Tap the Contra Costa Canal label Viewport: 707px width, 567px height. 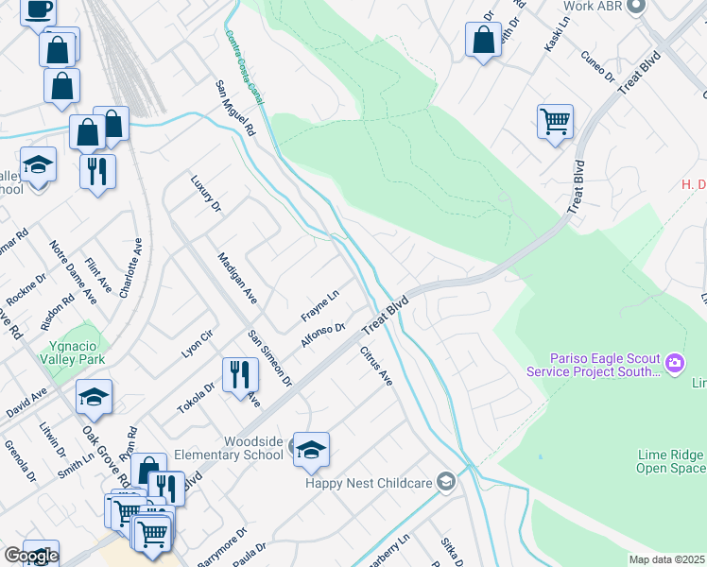[x=244, y=67]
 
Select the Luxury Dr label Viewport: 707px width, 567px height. [x=204, y=193]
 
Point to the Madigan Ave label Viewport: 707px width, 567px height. [x=237, y=278]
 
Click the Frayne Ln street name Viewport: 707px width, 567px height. [x=319, y=305]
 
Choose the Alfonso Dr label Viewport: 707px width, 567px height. [x=319, y=335]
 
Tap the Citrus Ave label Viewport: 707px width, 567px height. [x=375, y=365]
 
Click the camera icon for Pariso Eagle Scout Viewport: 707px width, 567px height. [x=675, y=363]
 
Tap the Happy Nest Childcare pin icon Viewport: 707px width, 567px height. [x=446, y=482]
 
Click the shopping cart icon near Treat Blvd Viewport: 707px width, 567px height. [x=555, y=121]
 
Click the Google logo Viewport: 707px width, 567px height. [x=30, y=556]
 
